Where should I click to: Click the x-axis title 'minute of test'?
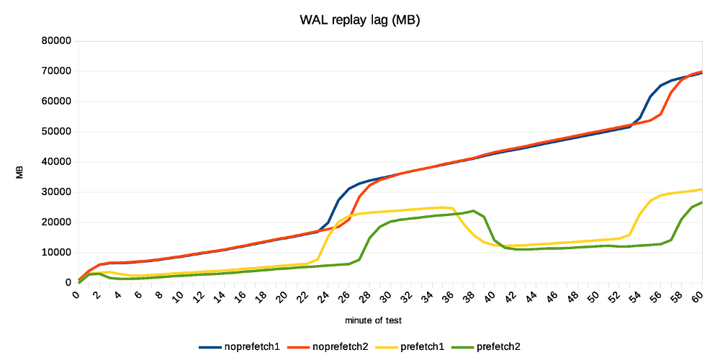[374, 319]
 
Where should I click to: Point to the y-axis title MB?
[20, 172]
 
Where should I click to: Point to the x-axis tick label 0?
[76, 294]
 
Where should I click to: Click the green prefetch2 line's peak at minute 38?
[473, 211]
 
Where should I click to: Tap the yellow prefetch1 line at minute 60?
[701, 189]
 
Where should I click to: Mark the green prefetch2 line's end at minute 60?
[701, 202]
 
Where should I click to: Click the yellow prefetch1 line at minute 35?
[442, 207]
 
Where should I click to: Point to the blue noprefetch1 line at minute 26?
[349, 189]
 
